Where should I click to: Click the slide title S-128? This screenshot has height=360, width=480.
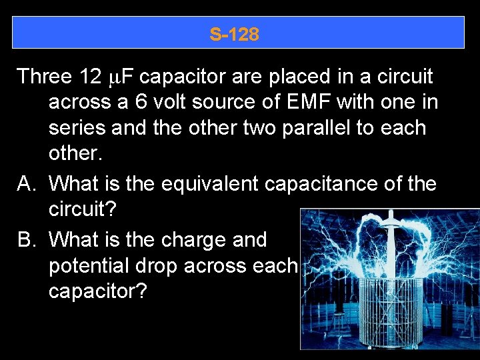[x=234, y=34]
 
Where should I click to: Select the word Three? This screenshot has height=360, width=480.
[x=44, y=77]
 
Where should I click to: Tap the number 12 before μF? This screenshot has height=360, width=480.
[x=90, y=77]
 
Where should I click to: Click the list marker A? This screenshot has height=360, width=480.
[x=25, y=182]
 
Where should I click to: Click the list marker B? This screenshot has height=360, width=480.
[x=25, y=239]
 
